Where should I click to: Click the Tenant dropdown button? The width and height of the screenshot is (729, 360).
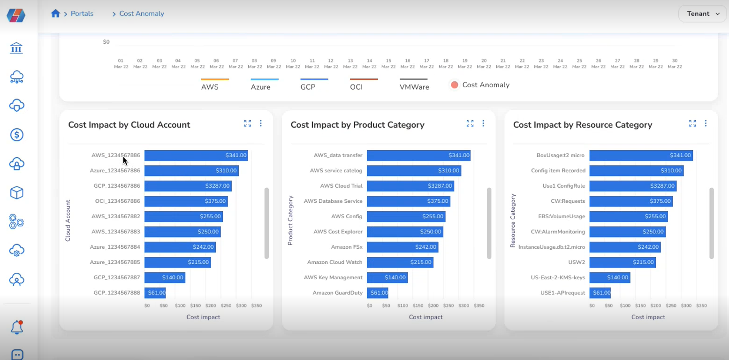click(702, 14)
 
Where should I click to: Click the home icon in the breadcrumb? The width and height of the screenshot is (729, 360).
click(55, 14)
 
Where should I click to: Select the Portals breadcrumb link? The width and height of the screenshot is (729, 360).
click(82, 14)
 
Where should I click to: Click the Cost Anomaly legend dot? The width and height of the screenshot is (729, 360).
click(454, 85)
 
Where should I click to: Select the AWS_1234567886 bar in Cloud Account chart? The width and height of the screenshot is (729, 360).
click(196, 155)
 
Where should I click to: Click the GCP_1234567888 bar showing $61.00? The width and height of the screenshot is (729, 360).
click(155, 292)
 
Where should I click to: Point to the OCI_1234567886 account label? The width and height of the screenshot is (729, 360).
click(117, 201)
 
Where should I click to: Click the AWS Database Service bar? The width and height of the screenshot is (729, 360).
click(408, 201)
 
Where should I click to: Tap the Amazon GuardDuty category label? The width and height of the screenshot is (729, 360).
click(338, 292)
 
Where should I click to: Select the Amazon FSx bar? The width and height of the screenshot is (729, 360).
click(402, 247)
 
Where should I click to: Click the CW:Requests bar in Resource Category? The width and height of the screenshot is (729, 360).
click(630, 201)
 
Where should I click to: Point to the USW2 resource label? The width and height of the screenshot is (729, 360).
click(577, 262)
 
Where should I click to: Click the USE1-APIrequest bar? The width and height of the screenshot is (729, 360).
click(600, 292)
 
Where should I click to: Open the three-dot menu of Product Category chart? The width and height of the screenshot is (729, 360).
click(483, 123)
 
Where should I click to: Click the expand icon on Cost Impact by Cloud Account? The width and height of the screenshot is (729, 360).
click(248, 123)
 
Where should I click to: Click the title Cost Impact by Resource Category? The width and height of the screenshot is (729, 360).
click(583, 125)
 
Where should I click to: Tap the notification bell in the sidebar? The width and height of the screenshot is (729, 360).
click(17, 327)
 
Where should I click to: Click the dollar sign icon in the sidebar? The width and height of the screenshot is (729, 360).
click(17, 135)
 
